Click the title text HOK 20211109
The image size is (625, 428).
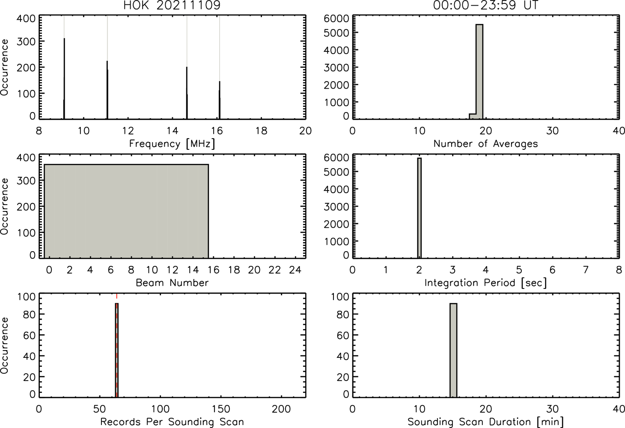[172, 5]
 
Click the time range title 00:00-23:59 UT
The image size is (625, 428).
[485, 5]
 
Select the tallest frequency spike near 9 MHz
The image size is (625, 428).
[64, 79]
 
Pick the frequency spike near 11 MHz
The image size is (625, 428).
[107, 90]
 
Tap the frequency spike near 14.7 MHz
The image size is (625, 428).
[187, 93]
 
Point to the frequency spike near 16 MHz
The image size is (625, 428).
[220, 100]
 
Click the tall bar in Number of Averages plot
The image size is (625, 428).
[479, 72]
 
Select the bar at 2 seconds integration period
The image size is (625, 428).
[420, 208]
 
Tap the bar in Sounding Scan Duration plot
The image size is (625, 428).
[453, 350]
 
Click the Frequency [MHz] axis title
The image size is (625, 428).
[172, 144]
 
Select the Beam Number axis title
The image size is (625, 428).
[172, 282]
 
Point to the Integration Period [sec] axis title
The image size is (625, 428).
[485, 283]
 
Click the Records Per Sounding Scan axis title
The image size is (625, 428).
[172, 422]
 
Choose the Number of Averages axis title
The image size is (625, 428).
[485, 144]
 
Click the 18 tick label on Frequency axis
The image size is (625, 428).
[261, 131]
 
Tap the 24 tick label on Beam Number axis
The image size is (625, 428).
[295, 270]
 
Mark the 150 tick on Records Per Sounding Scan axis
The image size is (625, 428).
[221, 409]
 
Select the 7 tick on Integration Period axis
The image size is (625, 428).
[586, 270]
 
